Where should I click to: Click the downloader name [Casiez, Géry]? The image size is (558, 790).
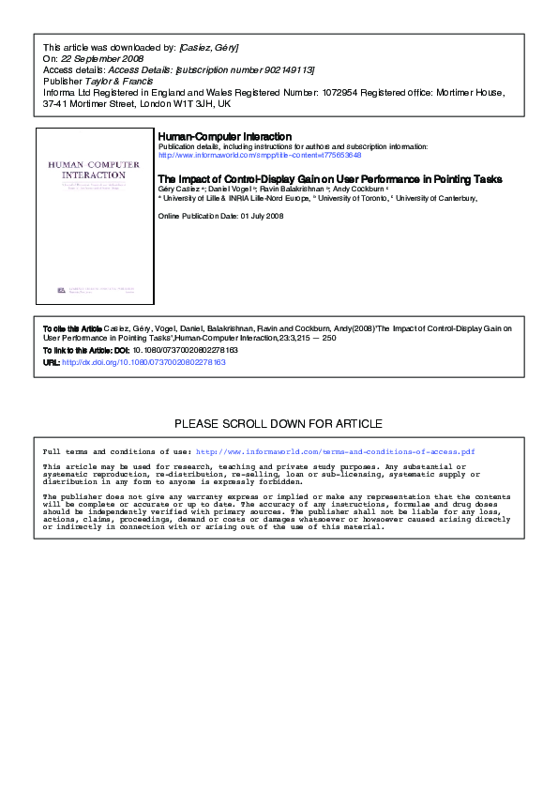tap(213, 47)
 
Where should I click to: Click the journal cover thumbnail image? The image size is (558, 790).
tap(93, 216)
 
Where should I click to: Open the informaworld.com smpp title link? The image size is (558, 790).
tap(260, 155)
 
